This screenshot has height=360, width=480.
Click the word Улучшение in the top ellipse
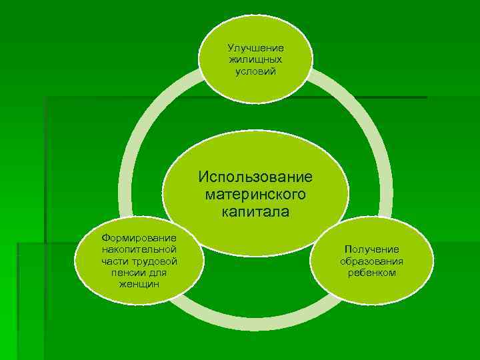click(255, 48)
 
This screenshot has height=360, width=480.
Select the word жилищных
click(255, 59)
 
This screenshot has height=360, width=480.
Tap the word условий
click(255, 71)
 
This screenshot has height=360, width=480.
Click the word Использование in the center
click(255, 178)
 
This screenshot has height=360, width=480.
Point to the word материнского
click(255, 195)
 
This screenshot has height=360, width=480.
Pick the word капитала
click(255, 213)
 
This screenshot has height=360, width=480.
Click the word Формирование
click(139, 238)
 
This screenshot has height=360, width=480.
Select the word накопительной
click(139, 249)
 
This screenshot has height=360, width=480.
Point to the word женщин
click(139, 284)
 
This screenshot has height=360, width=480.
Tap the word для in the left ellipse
click(159, 273)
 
